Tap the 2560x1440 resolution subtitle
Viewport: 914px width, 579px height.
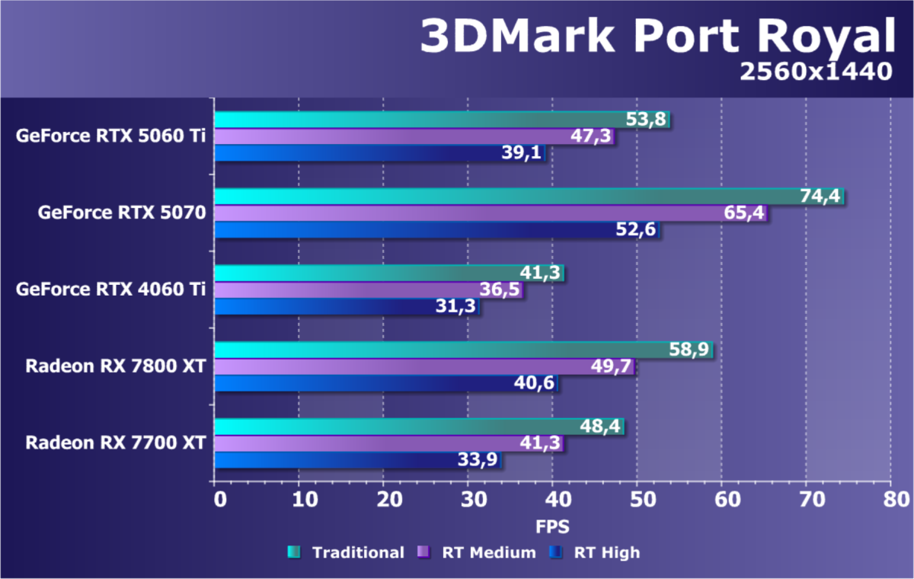pyautogui.click(x=815, y=72)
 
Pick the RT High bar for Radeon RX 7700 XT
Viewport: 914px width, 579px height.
pyautogui.click(x=358, y=459)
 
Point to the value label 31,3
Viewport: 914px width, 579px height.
pyautogui.click(x=457, y=306)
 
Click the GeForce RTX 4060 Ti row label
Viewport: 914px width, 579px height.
pyautogui.click(x=110, y=289)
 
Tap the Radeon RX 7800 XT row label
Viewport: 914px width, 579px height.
pyautogui.click(x=115, y=366)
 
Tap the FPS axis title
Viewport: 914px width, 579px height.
pyautogui.click(x=552, y=526)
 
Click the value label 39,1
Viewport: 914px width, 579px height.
pyautogui.click(x=523, y=153)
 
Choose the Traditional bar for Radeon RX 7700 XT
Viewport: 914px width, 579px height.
pyautogui.click(x=419, y=427)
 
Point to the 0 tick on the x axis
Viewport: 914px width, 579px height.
pyautogui.click(x=219, y=500)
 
